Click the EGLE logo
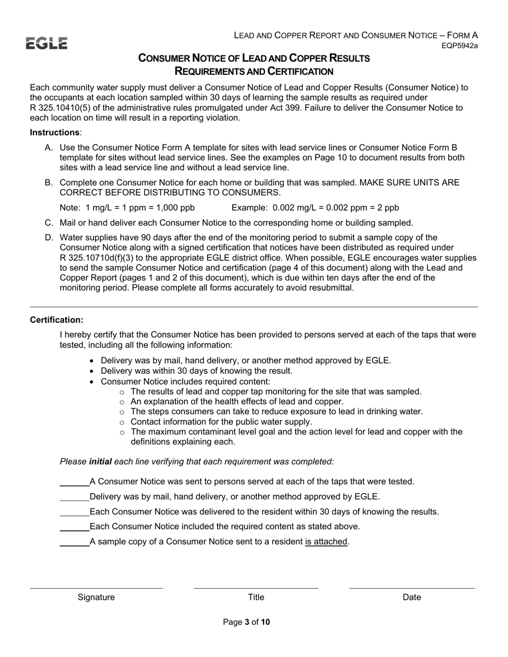pos(48,44)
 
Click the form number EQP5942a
pos(459,46)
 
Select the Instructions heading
pos(54,132)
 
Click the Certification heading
pos(57,320)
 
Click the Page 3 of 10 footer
pos(247,622)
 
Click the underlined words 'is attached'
pos(327,542)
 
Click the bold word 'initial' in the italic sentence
pos(101,462)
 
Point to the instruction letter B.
pos(48,183)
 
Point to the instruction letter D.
pos(48,238)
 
